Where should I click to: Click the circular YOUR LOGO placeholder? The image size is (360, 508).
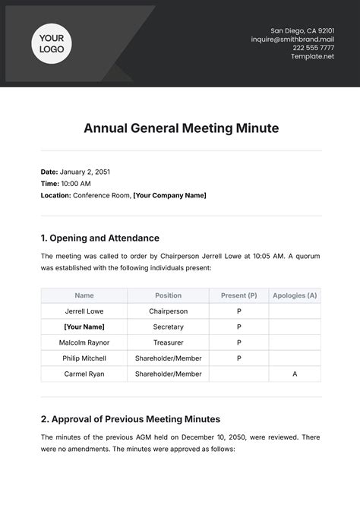52,42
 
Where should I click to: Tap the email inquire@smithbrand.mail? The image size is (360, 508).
292,39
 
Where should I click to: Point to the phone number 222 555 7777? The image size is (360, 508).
314,48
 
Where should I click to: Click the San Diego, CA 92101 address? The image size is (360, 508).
302,30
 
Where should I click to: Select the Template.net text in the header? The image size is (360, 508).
312,56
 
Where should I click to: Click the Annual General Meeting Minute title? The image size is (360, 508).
180,128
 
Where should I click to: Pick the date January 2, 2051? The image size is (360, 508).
84,172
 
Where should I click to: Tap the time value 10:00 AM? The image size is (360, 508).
75,183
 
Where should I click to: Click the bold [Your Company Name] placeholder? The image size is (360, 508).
169,195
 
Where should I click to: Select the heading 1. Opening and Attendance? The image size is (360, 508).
99,238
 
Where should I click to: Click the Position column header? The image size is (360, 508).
169,295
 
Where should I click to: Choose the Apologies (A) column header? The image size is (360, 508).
295,295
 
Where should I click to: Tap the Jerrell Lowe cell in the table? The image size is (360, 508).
84,311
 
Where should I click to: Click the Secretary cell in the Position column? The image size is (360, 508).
169,327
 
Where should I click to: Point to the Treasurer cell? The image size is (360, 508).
169,342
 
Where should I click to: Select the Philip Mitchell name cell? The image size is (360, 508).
84,358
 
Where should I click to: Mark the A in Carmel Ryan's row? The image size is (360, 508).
295,374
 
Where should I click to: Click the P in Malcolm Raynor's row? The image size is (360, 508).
238,342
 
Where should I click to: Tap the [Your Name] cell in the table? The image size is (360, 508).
84,327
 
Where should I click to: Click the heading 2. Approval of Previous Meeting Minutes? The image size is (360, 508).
130,418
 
